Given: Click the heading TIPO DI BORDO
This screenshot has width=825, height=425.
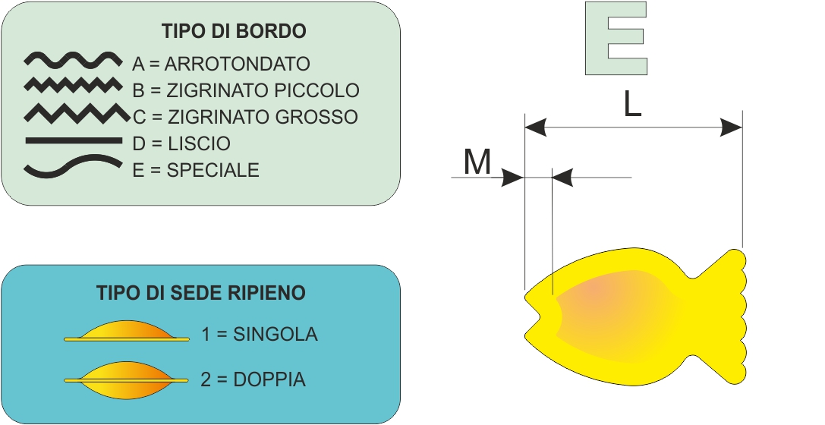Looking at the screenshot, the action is pyautogui.click(x=234, y=31).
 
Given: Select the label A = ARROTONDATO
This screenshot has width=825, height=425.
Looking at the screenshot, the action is pyautogui.click(x=221, y=64).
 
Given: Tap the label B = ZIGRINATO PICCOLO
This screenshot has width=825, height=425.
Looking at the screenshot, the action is pyautogui.click(x=246, y=90).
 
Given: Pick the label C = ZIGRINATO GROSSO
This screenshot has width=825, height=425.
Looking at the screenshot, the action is pyautogui.click(x=245, y=117).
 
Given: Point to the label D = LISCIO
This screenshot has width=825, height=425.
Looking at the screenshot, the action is pyautogui.click(x=181, y=143).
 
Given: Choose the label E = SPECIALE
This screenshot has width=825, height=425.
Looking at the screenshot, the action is pyautogui.click(x=196, y=170).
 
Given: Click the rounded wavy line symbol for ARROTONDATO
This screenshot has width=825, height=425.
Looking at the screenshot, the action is pyautogui.click(x=73, y=61).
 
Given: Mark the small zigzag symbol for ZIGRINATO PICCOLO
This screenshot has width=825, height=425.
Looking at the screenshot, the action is pyautogui.click(x=73, y=85).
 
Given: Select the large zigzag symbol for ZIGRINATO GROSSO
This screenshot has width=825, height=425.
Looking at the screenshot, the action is pyautogui.click(x=77, y=114).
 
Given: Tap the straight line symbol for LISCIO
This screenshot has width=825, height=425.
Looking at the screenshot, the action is pyautogui.click(x=73, y=140).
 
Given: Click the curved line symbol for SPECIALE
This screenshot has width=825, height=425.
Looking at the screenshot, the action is pyautogui.click(x=73, y=166).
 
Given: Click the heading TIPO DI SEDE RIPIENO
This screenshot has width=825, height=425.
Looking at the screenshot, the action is pyautogui.click(x=201, y=292).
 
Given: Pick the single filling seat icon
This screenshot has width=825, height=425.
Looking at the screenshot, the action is pyautogui.click(x=126, y=332).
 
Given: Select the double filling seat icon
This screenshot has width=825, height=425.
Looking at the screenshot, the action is pyautogui.click(x=126, y=380).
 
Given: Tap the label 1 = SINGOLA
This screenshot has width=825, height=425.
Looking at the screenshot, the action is pyautogui.click(x=260, y=334).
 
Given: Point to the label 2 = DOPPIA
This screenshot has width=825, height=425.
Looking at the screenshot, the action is pyautogui.click(x=253, y=379).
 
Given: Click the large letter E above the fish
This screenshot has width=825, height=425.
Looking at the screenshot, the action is pyautogui.click(x=616, y=39).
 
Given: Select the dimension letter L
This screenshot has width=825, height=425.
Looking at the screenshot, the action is pyautogui.click(x=632, y=105).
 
